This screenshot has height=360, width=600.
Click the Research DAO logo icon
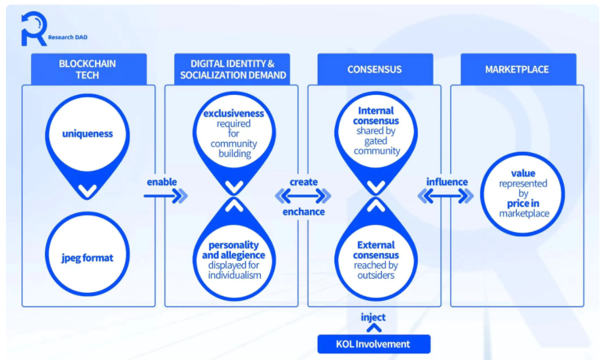click(34, 29)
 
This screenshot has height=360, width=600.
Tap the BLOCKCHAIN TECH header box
click(89, 69)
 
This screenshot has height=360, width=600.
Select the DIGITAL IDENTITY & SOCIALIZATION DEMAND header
click(232, 69)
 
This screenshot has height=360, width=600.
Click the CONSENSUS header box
click(375, 69)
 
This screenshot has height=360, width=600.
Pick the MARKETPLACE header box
click(518, 69)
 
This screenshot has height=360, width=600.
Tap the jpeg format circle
click(88, 254)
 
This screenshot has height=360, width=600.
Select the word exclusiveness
click(233, 113)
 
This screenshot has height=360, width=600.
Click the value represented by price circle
click(523, 194)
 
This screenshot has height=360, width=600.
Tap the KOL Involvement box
click(374, 344)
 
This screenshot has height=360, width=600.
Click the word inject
click(373, 317)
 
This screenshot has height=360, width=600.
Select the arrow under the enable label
click(165, 196)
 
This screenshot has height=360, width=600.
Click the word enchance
click(303, 212)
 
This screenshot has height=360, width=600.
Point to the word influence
click(447, 182)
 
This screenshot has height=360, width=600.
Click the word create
click(303, 182)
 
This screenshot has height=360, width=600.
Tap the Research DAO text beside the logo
click(68, 37)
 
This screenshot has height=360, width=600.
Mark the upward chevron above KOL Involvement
click(374, 328)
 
